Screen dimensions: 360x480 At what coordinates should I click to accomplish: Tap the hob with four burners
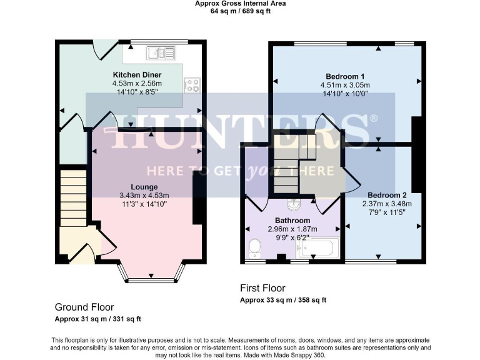(x=192, y=85)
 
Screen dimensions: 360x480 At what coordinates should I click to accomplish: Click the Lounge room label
(x=144, y=187)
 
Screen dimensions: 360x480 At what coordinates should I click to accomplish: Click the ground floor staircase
(x=73, y=196)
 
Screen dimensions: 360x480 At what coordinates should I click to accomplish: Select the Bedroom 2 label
(x=384, y=194)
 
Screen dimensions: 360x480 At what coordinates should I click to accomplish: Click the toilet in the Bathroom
(x=254, y=248)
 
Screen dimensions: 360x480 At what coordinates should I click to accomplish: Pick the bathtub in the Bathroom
(x=318, y=249)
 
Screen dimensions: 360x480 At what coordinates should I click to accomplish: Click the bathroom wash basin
(x=292, y=204)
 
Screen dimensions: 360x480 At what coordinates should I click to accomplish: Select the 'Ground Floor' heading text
(x=84, y=307)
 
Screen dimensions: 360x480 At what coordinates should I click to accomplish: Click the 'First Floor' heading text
(x=262, y=288)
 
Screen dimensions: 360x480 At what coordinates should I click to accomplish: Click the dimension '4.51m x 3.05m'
(x=344, y=86)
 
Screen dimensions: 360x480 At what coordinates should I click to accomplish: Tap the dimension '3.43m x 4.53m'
(x=144, y=195)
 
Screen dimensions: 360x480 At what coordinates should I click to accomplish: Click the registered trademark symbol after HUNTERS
(x=374, y=118)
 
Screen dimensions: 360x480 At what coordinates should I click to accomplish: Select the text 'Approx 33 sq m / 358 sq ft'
(x=283, y=300)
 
